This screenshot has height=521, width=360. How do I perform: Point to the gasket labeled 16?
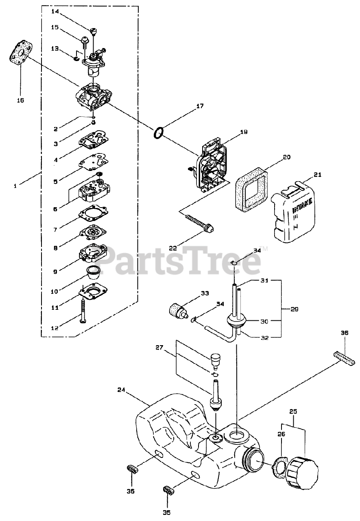point(19,55)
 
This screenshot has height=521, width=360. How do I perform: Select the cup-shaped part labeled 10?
point(94,271)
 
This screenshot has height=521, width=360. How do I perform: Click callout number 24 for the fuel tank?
point(121,390)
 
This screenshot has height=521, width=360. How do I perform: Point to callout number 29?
point(294,309)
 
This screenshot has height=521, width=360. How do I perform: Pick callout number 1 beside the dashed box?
point(15,186)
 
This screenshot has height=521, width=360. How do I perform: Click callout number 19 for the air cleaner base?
point(244,132)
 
